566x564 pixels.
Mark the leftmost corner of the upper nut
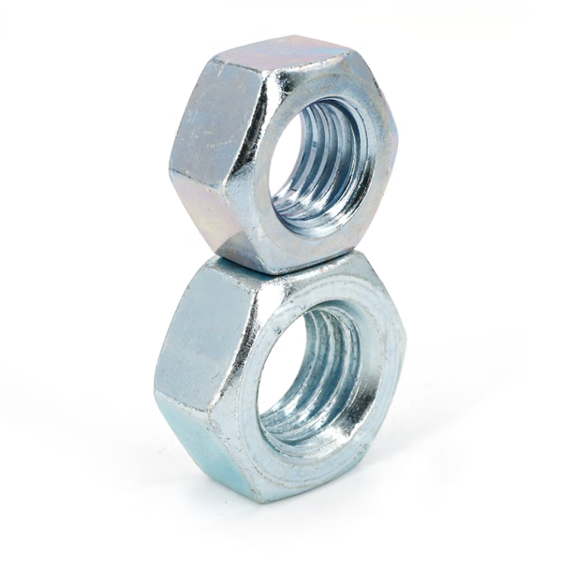click(x=170, y=161)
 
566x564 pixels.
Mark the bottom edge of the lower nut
click(x=259, y=496)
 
